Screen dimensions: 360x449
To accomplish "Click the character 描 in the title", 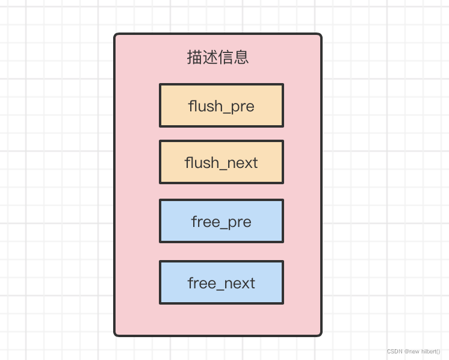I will (x=194, y=58).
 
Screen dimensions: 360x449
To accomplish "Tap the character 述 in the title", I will (x=210, y=58).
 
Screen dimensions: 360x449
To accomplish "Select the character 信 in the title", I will (x=226, y=58).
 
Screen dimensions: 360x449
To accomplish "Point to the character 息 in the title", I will (x=241, y=58).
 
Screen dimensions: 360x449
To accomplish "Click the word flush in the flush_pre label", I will (x=205, y=106).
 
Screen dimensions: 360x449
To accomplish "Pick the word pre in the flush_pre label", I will (x=242, y=107).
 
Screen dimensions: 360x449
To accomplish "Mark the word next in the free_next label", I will (x=241, y=284).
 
